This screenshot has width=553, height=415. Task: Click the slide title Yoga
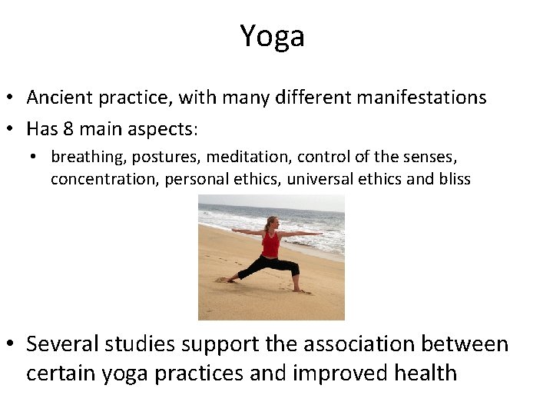272,36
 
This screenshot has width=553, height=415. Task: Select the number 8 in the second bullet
70,127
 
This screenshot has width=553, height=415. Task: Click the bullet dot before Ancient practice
11,98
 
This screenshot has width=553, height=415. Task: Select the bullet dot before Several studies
11,344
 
